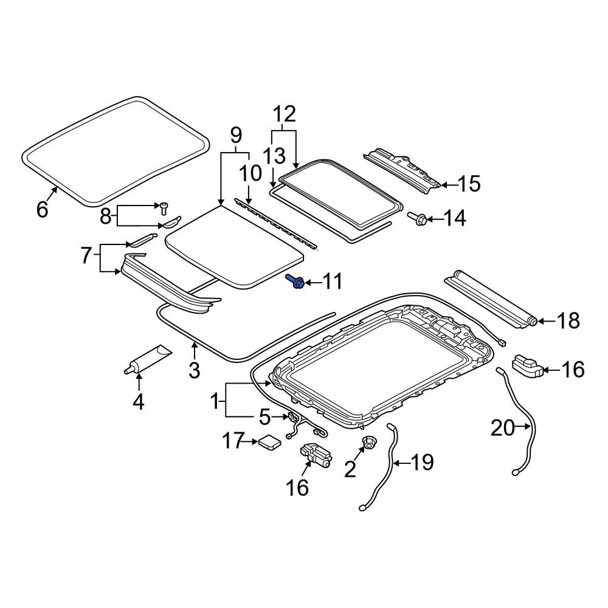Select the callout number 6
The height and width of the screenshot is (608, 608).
pos(42,209)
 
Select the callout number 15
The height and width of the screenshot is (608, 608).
pos(469,184)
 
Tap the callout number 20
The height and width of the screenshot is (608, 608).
pos(503,429)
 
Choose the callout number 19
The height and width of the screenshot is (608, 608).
pos(422,463)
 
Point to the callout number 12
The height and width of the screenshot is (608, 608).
pos(284,114)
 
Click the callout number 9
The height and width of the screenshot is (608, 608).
pos(235,135)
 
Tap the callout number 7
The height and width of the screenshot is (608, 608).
pos(86,255)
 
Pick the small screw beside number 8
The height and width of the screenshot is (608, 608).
pos(164,207)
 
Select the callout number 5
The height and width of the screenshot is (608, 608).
pos(264,417)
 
